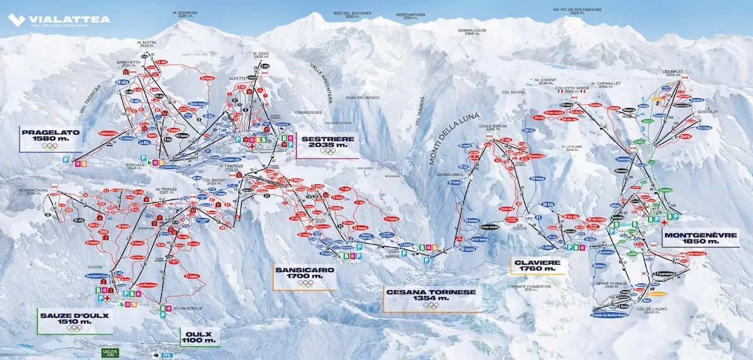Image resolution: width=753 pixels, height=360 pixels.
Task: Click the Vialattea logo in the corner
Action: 59,19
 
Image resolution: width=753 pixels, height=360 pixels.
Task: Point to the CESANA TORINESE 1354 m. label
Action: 430,295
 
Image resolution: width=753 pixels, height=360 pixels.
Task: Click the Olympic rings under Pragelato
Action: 50,147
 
